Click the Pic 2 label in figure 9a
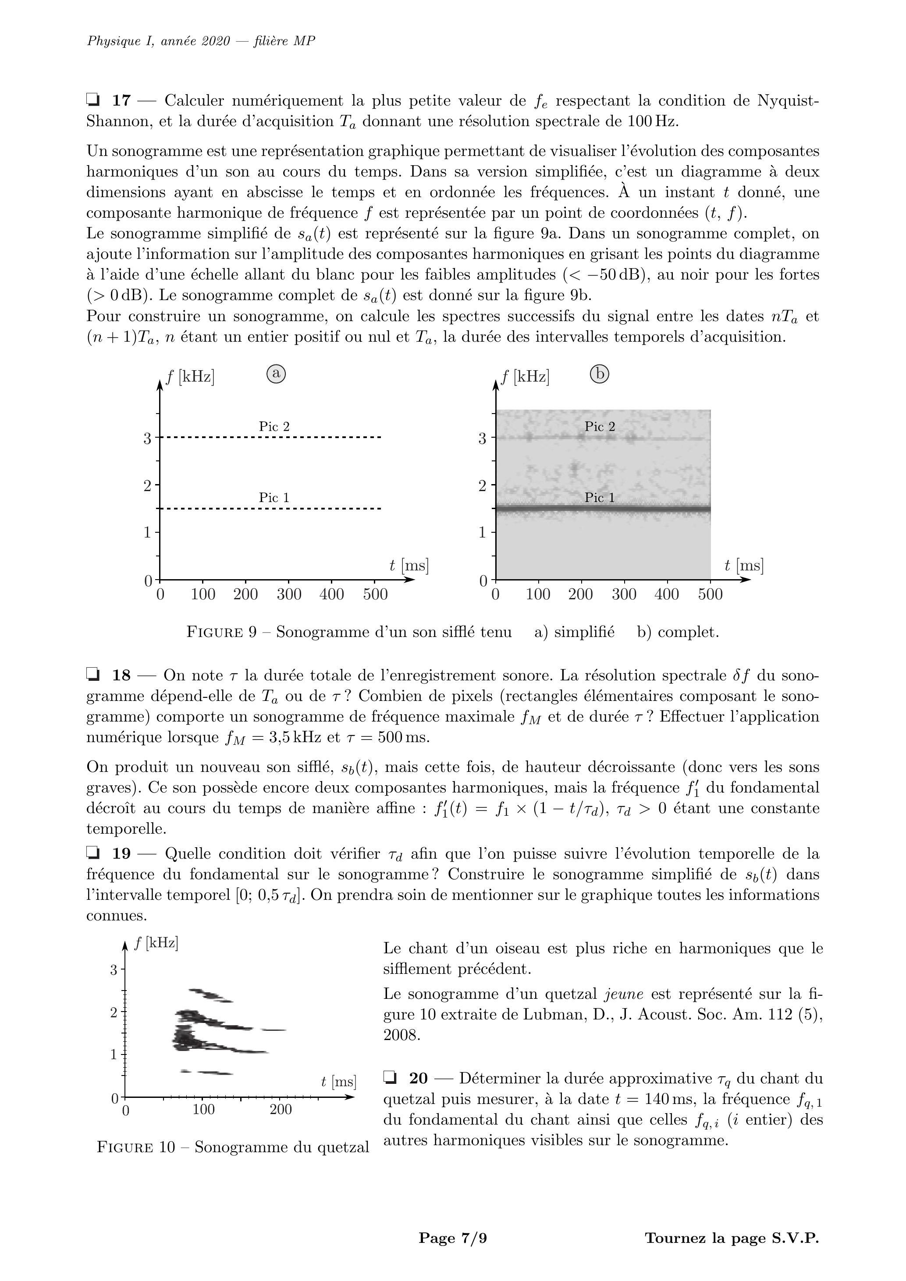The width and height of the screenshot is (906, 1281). tap(274, 426)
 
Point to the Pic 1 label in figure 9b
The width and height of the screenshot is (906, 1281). tap(600, 497)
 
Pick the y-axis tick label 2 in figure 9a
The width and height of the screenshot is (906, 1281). tap(147, 485)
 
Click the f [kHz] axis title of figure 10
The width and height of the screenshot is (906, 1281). tap(156, 944)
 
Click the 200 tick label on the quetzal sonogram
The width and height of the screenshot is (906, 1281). tap(281, 1110)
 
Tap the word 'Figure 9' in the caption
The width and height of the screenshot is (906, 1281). tap(221, 632)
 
